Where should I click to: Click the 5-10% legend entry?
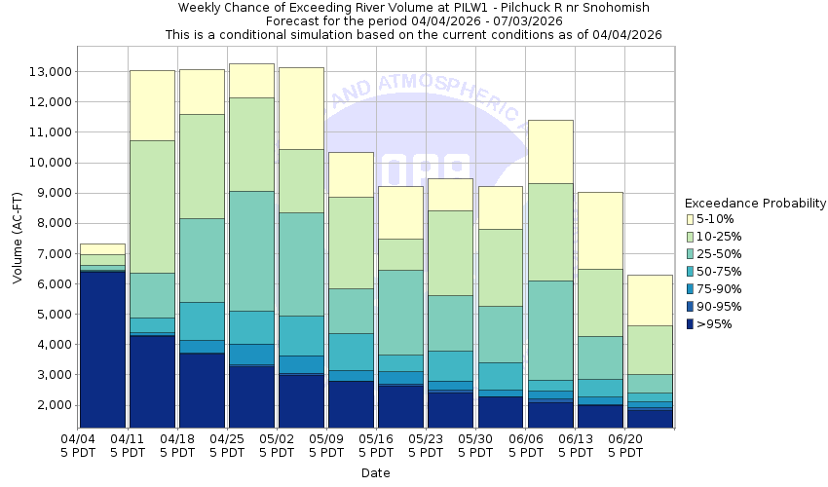click(x=715, y=219)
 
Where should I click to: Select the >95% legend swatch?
click(x=690, y=324)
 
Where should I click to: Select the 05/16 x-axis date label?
click(x=376, y=439)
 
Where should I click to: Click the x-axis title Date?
click(x=376, y=473)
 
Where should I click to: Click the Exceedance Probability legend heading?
click(x=755, y=204)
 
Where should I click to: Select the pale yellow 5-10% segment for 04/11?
click(x=152, y=105)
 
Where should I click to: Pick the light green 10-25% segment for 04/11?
click(x=152, y=206)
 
